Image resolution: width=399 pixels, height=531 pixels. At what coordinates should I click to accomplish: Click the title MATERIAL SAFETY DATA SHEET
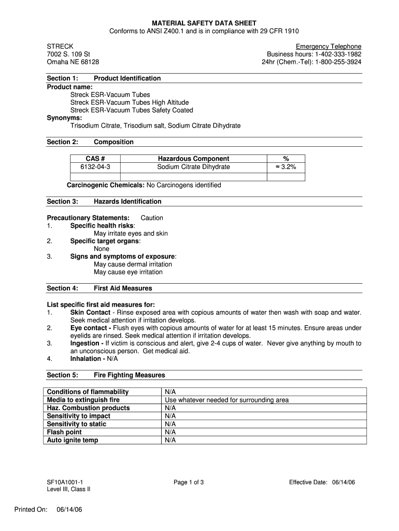[x=204, y=23]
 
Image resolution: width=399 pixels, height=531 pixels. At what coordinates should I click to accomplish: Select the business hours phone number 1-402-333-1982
[x=335, y=54]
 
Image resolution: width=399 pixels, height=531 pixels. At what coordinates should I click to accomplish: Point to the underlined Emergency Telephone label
[x=329, y=46]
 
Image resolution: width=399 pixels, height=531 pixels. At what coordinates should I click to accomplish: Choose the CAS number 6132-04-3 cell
[x=95, y=167]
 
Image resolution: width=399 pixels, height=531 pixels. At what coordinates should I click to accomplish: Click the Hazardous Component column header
[x=193, y=159]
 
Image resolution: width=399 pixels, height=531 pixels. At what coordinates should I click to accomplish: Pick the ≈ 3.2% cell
[x=286, y=167]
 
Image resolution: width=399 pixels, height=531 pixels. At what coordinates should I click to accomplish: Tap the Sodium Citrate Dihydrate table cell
[x=193, y=167]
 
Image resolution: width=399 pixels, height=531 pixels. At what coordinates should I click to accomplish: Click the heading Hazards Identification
[x=127, y=201]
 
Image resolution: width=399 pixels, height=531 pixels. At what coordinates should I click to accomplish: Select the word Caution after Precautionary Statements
[x=152, y=218]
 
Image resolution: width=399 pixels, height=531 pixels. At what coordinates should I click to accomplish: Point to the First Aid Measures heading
[x=123, y=288]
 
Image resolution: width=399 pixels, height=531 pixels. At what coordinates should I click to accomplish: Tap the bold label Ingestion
[x=84, y=343]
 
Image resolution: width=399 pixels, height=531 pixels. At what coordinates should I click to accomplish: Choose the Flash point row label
[x=64, y=432]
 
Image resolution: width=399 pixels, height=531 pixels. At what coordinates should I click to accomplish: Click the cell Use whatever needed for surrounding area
[x=226, y=400]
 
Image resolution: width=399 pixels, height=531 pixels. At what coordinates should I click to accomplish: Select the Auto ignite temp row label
[x=73, y=440]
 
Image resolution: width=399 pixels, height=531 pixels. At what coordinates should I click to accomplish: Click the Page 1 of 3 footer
[x=189, y=482]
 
